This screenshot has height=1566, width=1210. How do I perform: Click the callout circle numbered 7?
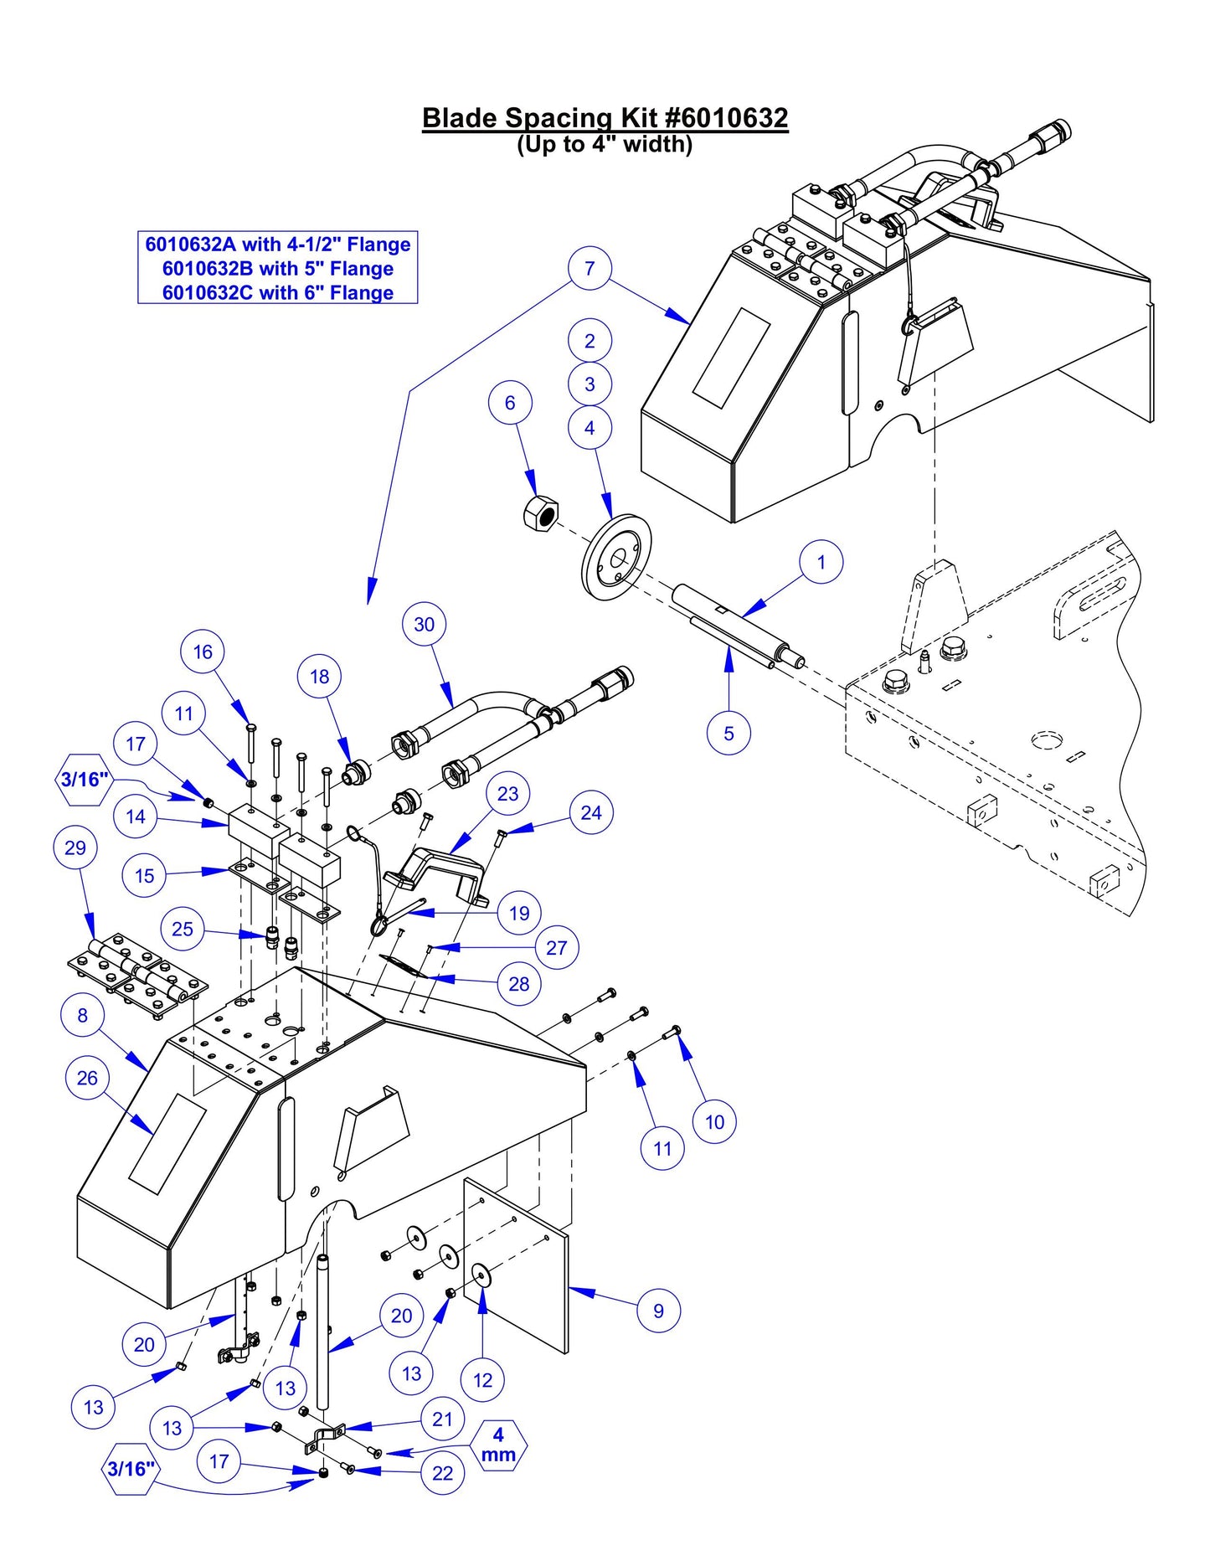[590, 268]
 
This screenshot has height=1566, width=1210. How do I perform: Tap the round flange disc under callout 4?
[617, 558]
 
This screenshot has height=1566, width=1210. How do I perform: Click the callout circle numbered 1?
[821, 562]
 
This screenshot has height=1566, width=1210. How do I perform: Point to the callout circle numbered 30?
[425, 624]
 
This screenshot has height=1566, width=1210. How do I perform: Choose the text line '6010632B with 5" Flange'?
[277, 269]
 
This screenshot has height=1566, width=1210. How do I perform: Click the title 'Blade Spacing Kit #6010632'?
[605, 118]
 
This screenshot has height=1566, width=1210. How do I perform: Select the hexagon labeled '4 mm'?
[498, 1445]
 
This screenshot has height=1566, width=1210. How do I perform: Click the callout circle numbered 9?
[658, 1311]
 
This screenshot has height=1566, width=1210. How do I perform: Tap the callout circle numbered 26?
[87, 1078]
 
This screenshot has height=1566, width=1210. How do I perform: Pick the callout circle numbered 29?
[75, 847]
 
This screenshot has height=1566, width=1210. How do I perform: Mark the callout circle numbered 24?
[591, 812]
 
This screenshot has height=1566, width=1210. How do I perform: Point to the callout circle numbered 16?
[203, 652]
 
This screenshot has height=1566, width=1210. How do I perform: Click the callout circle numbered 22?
[442, 1473]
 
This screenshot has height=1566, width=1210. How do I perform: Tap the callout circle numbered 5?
[729, 734]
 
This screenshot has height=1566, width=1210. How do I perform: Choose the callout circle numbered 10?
[714, 1121]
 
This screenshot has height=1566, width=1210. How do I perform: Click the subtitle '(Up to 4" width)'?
[605, 145]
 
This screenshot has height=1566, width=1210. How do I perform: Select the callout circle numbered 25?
[183, 929]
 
